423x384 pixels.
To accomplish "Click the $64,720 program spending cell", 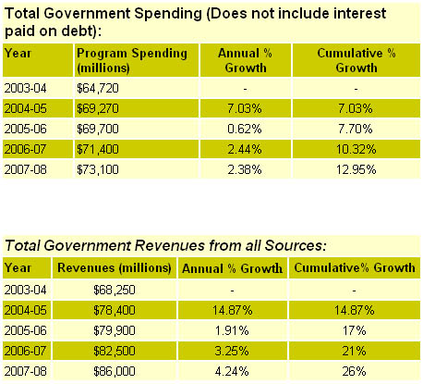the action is click(98, 89).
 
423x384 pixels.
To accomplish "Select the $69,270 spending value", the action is click(98, 108).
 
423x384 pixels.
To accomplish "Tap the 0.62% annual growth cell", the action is click(245, 129).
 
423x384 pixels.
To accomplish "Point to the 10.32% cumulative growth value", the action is click(357, 149).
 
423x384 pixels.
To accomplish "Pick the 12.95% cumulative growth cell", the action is click(357, 169).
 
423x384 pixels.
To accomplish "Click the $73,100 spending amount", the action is click(98, 169).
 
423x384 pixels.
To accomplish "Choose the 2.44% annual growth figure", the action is click(245, 149).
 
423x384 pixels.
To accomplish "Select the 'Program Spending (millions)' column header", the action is click(132, 60).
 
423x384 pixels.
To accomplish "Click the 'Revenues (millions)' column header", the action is click(115, 267).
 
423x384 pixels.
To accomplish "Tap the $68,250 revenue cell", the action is click(115, 290).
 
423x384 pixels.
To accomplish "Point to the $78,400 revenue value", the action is click(115, 310).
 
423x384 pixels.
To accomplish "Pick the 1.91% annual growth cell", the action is click(232, 330).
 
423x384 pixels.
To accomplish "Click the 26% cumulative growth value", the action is click(354, 371).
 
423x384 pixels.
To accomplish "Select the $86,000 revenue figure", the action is click(115, 371).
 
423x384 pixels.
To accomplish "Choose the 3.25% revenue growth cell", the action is click(232, 351).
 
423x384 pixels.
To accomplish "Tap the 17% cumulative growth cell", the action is click(354, 330).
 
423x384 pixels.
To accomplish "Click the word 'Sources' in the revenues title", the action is click(295, 246).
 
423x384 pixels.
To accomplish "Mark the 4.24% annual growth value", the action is click(232, 371).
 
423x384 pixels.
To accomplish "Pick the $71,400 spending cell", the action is click(98, 149).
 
